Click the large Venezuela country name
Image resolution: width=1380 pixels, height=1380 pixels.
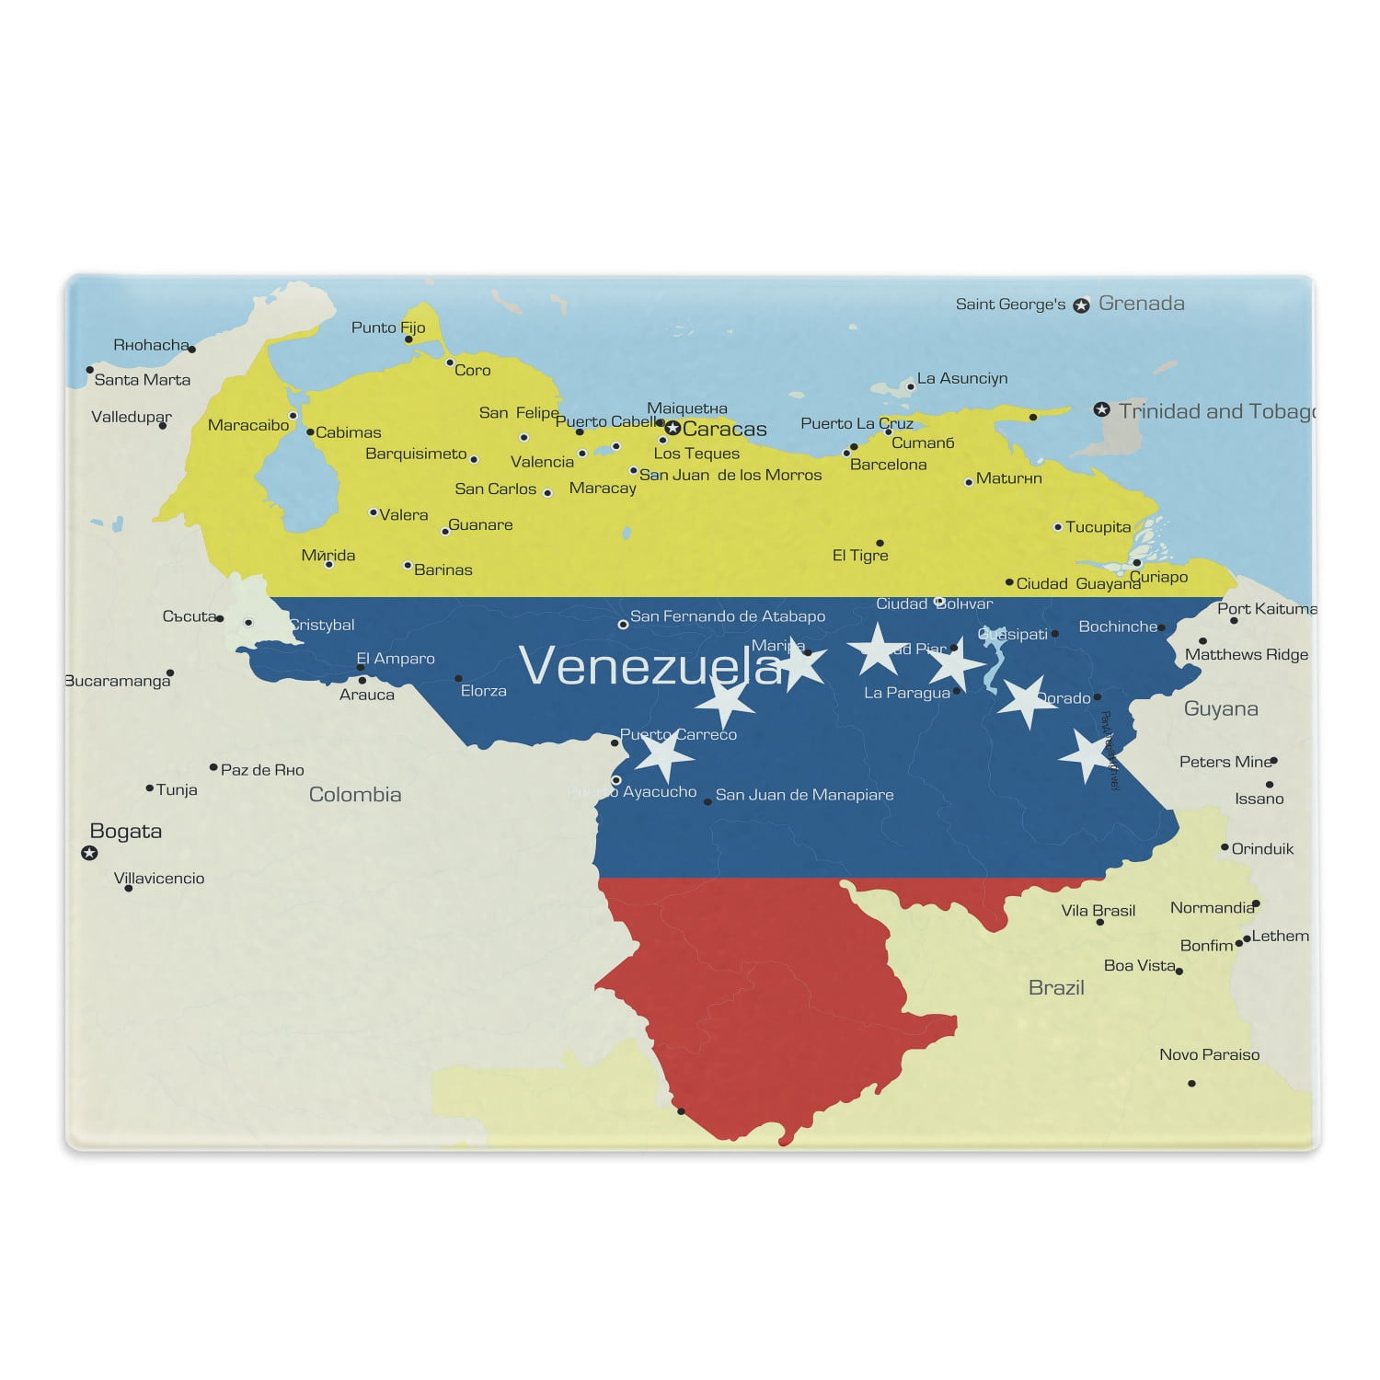pos(650,665)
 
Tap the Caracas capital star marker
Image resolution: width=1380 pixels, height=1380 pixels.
pos(673,428)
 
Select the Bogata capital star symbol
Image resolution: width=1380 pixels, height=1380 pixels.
pos(89,853)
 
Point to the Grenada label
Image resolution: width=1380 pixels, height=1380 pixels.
pos(1141,304)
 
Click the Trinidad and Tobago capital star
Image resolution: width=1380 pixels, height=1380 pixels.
pos(1101,409)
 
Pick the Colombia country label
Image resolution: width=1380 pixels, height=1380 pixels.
pos(355,795)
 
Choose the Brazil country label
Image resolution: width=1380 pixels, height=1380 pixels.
pos(1056,988)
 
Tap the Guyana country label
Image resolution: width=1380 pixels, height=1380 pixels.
pos(1220,708)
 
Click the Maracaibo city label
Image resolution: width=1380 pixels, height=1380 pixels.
pos(248,425)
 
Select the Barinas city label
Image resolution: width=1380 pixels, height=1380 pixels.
pos(443,570)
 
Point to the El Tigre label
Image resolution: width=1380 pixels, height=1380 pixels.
pos(860,556)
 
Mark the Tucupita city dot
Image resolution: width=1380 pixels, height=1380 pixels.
pos(1058,527)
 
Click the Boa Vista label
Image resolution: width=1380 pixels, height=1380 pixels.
pos(1140,965)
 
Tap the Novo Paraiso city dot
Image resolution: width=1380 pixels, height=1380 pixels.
pos(1191,1083)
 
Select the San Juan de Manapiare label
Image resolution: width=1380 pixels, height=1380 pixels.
pos(804,795)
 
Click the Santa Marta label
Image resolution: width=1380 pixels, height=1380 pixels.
pos(143,380)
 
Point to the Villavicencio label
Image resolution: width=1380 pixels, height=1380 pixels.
pos(159,879)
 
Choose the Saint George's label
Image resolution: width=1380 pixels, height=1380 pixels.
pos(1010,305)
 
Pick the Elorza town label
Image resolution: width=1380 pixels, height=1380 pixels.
pos(484,691)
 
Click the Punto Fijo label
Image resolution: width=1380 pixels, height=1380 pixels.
pos(388,328)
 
